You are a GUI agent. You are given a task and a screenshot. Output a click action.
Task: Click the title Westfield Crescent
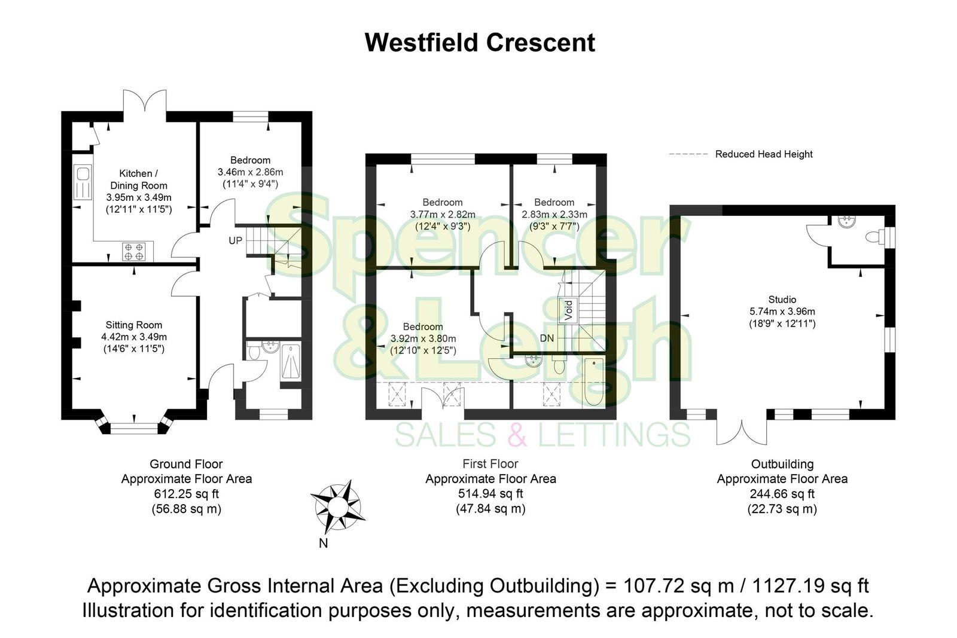click(x=480, y=43)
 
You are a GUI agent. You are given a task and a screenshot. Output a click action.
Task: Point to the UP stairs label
click(x=234, y=240)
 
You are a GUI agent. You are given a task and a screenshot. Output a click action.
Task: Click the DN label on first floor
click(x=547, y=338)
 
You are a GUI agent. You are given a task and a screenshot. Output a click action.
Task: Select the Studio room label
click(x=782, y=300)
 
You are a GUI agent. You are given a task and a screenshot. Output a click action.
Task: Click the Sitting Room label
click(x=134, y=325)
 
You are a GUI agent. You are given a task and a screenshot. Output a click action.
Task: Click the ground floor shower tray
click(x=291, y=362)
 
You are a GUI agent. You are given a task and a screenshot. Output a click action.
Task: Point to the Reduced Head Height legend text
click(x=764, y=154)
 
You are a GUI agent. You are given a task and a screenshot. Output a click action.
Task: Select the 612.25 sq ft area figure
click(x=186, y=494)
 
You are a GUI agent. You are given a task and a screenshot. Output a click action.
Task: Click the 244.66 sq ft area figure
click(x=782, y=494)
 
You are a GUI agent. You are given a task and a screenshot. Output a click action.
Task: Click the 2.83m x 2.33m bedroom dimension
click(x=554, y=215)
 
